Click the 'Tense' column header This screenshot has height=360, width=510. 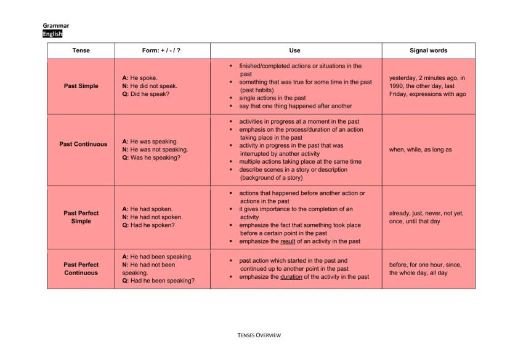81,50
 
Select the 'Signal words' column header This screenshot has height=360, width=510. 428,50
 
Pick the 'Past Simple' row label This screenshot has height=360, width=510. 81,86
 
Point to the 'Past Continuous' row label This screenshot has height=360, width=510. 83,144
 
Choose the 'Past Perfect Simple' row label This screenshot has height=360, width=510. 81,217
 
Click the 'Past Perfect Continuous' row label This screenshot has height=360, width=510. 81,268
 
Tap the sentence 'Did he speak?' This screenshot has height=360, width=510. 150,94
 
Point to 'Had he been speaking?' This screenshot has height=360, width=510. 162,281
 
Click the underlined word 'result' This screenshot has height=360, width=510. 288,241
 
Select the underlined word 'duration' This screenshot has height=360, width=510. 291,277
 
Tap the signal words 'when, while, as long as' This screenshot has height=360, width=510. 420,150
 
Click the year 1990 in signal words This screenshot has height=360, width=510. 398,86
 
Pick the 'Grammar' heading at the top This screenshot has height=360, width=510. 56,26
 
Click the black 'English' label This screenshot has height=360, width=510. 52,34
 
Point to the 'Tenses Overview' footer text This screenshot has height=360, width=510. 259,335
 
